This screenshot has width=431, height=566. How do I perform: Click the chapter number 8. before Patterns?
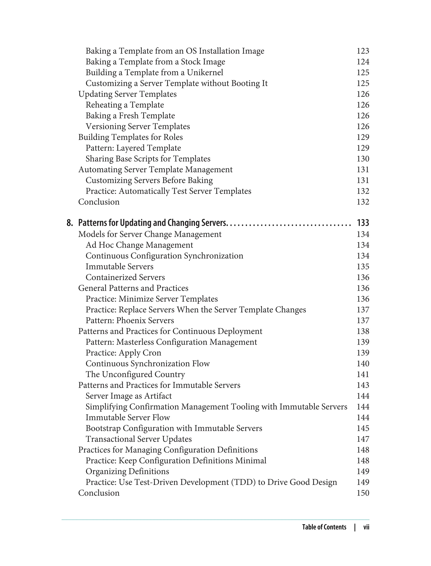[x=69, y=223]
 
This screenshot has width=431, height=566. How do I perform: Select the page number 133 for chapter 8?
[x=363, y=223]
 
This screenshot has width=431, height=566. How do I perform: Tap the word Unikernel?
[x=205, y=73]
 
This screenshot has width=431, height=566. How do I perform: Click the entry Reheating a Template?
[x=125, y=105]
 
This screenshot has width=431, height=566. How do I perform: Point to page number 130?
[x=363, y=159]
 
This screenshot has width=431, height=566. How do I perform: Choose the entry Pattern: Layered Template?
[x=133, y=148]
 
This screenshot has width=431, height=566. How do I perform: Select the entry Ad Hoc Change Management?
[x=139, y=245]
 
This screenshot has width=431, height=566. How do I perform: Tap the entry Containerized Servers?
[x=125, y=278]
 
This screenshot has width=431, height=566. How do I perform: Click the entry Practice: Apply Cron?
[x=123, y=353]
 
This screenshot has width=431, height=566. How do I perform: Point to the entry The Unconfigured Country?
[x=135, y=375]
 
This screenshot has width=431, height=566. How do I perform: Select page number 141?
[x=363, y=375]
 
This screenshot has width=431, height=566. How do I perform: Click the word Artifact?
[x=158, y=396]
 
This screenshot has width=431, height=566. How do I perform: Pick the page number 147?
[x=363, y=439]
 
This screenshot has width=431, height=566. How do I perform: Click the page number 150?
[x=363, y=493]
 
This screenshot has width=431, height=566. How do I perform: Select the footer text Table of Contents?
[x=324, y=527]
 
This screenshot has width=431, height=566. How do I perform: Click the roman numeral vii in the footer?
[x=366, y=527]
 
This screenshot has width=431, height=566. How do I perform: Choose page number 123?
[x=363, y=51]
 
